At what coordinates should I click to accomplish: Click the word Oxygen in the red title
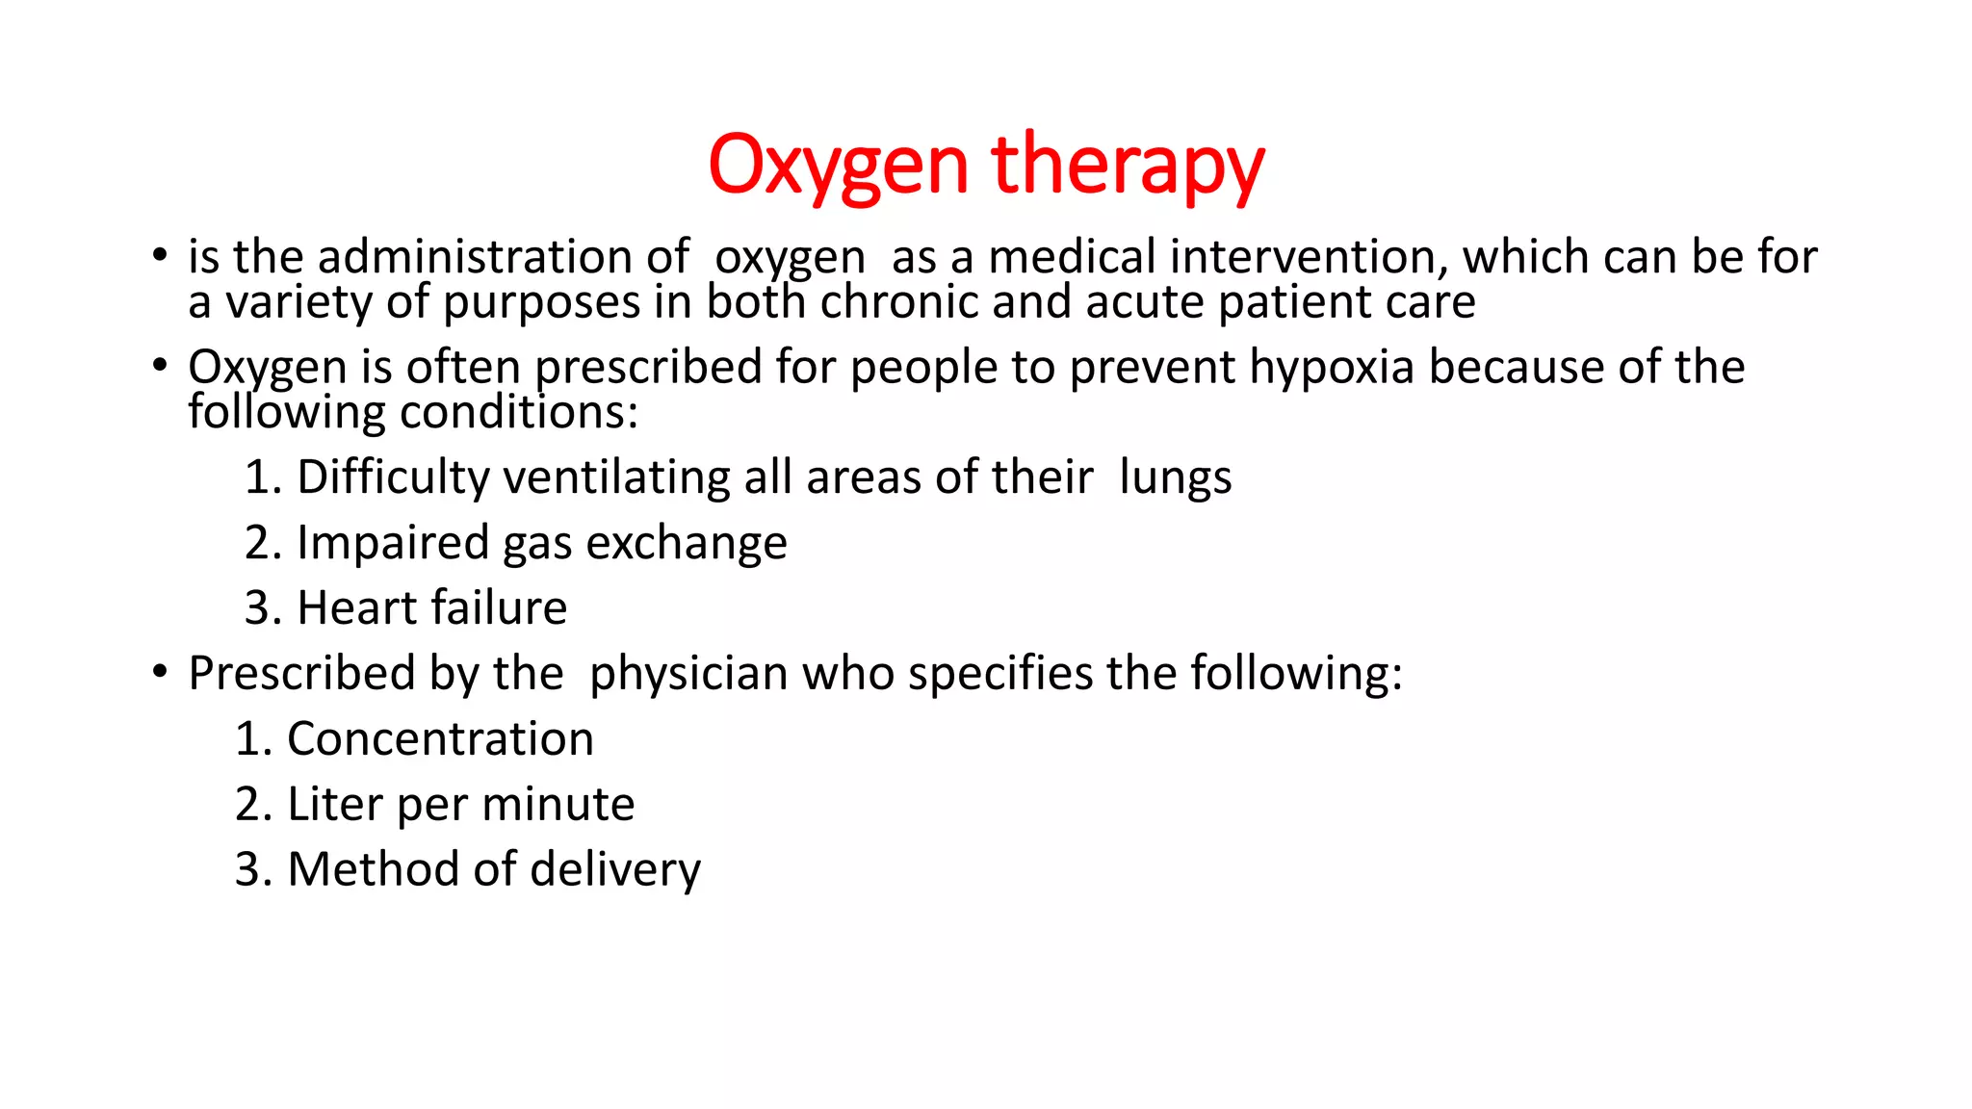click(837, 165)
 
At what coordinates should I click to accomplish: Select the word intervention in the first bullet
click(1309, 257)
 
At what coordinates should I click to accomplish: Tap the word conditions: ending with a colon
click(519, 413)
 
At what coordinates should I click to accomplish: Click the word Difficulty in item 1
click(393, 477)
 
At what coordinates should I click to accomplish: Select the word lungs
click(1175, 477)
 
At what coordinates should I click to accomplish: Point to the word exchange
click(687, 543)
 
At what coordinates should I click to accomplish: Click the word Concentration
click(440, 739)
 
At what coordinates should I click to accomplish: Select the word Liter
click(334, 804)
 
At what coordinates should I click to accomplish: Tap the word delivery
click(615, 869)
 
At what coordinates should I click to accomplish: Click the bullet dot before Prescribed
click(160, 672)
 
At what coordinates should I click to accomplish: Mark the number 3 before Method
click(247, 869)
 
